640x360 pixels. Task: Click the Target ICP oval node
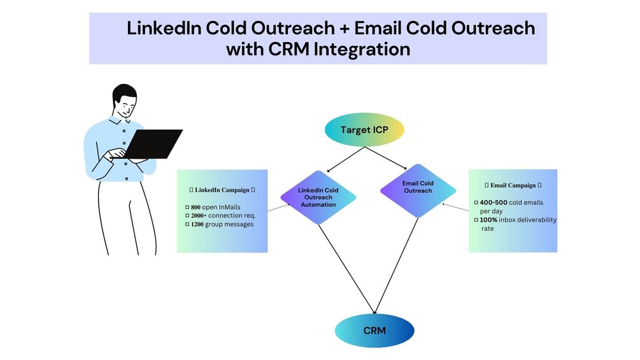click(364, 130)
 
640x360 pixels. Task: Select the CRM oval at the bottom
click(374, 331)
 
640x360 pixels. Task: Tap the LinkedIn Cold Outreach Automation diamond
click(318, 197)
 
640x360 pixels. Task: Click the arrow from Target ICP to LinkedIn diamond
click(344, 160)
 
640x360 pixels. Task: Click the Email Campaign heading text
click(513, 185)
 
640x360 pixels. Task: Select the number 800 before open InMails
click(196, 207)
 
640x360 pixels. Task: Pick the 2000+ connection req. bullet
click(223, 215)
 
